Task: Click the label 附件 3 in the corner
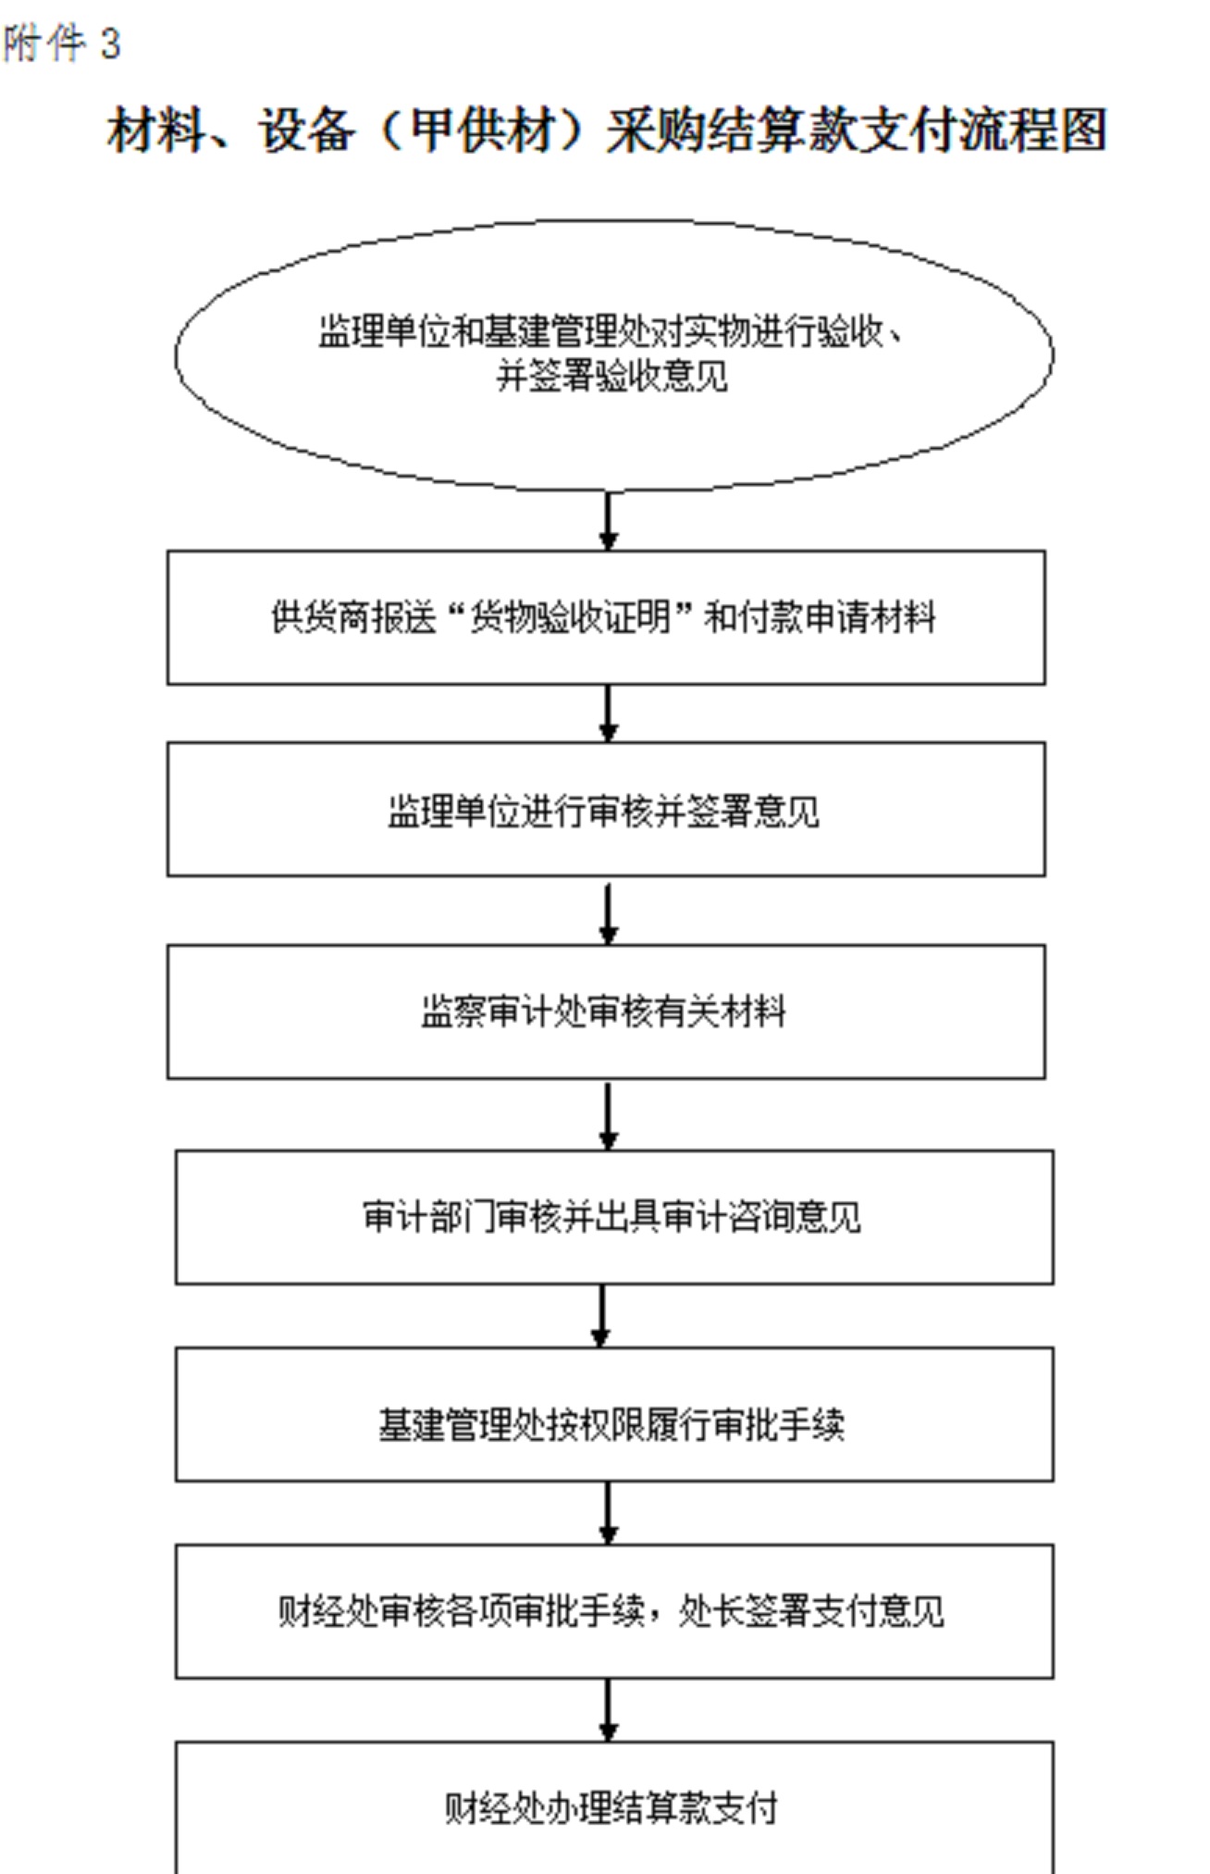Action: click(x=61, y=43)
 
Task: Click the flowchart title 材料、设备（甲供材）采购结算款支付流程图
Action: click(x=607, y=130)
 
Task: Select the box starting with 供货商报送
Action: click(x=606, y=617)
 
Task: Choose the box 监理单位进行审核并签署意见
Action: click(x=606, y=809)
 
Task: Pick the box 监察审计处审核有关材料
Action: click(x=606, y=1011)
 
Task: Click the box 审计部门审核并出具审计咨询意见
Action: click(x=614, y=1217)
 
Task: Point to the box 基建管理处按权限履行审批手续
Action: click(x=614, y=1414)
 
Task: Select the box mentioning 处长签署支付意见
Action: click(x=614, y=1611)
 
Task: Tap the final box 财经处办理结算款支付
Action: click(x=614, y=1808)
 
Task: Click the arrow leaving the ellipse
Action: click(x=608, y=521)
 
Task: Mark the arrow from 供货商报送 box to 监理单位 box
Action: click(x=608, y=714)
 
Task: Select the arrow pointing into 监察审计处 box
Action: click(x=608, y=913)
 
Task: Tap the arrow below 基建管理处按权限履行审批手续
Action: click(x=608, y=1513)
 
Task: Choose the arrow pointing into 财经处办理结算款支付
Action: click(x=608, y=1710)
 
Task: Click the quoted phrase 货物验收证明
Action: click(x=571, y=617)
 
